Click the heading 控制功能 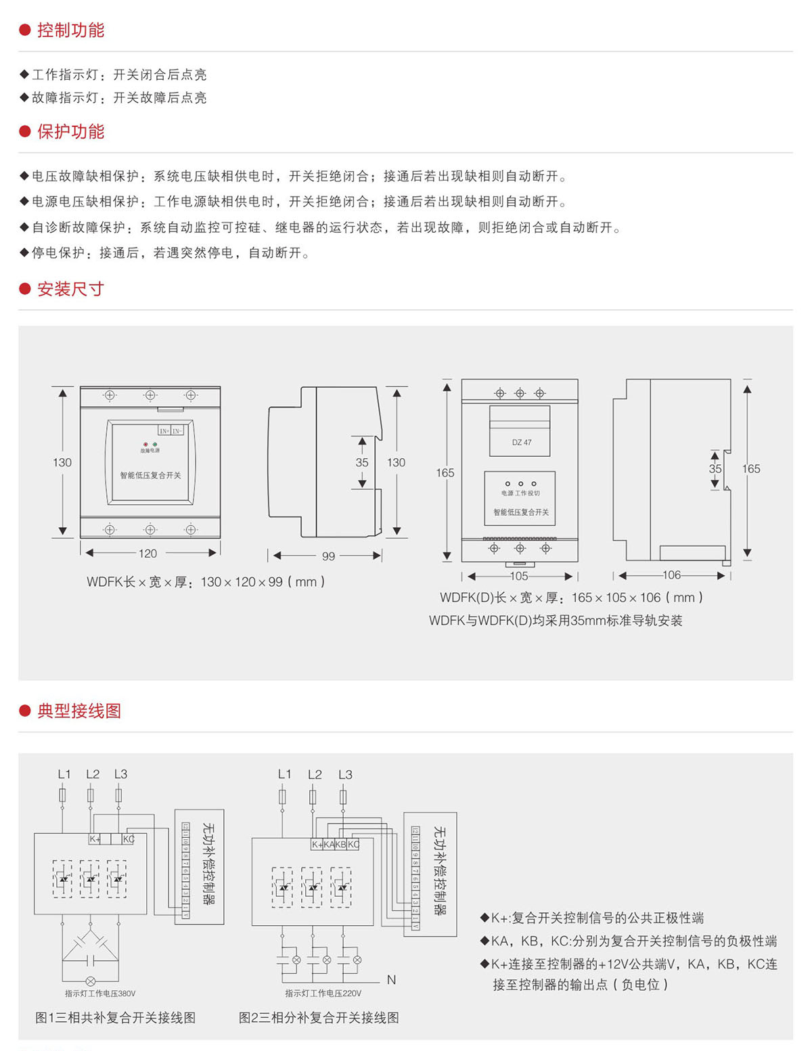point(70,30)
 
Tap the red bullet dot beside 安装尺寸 point(25,289)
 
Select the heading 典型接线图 point(79,711)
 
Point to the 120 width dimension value point(148,554)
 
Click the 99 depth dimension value point(328,556)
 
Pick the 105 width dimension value point(519,576)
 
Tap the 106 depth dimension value point(671,575)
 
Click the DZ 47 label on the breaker point(522,443)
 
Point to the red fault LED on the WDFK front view point(145,445)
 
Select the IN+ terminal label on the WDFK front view point(164,430)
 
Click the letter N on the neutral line point(391,979)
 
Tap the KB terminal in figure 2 point(341,845)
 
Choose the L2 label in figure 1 point(93,774)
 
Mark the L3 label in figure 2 point(345,775)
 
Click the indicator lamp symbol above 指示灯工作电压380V point(90,981)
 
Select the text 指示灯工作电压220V point(323,993)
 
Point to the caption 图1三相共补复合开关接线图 point(115,1018)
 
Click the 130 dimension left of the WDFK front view point(62,462)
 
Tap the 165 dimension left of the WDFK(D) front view point(445,472)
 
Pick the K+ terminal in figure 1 point(95,839)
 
